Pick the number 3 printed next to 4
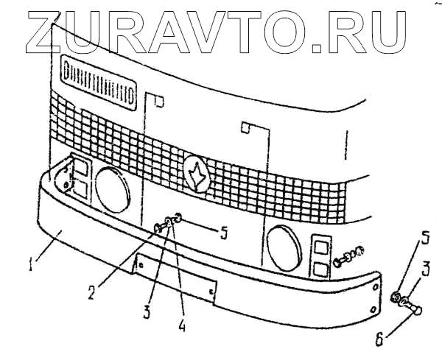148,311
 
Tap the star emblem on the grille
197,174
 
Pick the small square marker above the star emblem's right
247,128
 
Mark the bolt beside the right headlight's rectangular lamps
348,255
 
